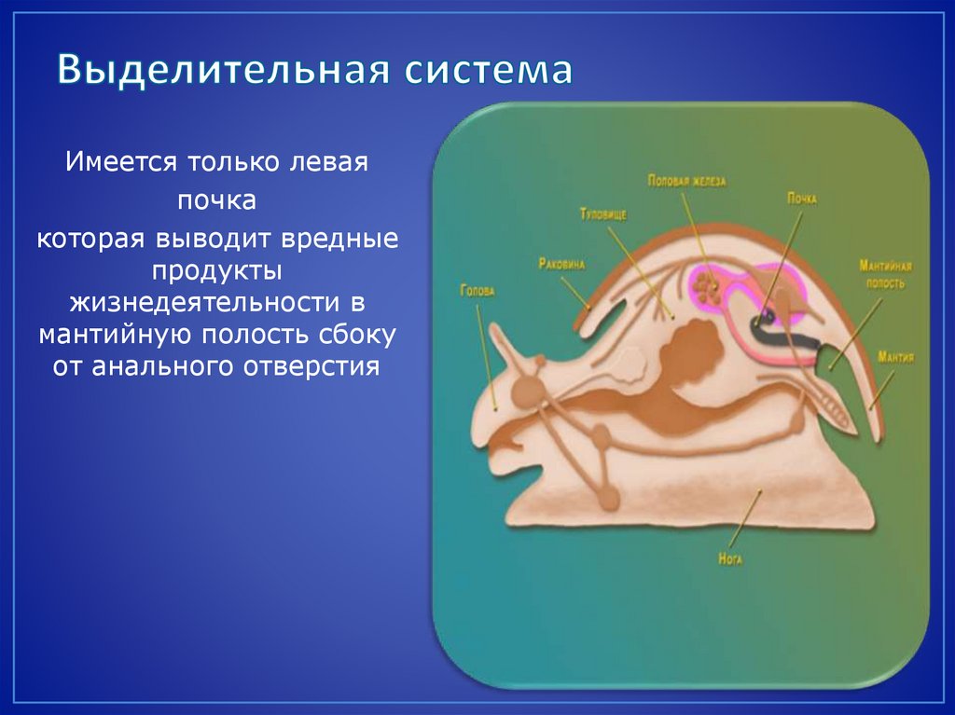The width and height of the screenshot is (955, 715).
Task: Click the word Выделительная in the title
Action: point(224,69)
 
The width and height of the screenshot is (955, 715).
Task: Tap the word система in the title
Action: point(489,70)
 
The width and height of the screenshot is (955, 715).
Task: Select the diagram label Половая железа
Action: point(686,181)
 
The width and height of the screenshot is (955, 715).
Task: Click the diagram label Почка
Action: point(801,199)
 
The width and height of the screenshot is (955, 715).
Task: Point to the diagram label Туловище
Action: point(603,215)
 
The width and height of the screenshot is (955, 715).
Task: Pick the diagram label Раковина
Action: point(561,265)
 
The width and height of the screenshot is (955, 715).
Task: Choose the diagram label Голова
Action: point(477,291)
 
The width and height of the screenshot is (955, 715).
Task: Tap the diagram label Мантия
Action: point(895,357)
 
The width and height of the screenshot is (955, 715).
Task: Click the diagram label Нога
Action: point(730,558)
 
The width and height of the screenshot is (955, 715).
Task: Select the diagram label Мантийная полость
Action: point(885,275)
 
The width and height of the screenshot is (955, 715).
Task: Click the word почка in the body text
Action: point(216,200)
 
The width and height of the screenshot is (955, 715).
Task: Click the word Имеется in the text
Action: point(121,162)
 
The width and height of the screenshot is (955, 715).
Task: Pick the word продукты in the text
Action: point(216,270)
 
